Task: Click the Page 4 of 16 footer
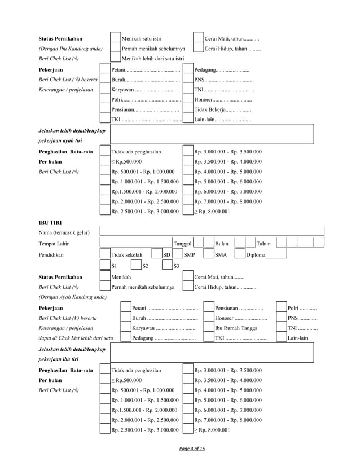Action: click(192, 449)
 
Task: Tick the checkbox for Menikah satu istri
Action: click(115, 38)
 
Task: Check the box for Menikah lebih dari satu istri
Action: click(115, 59)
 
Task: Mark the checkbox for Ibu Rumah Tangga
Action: click(208, 327)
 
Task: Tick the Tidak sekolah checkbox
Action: click(105, 254)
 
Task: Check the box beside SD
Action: click(156, 254)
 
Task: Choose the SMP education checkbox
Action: click(178, 254)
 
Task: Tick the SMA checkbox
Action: click(208, 254)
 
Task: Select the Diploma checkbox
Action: click(240, 254)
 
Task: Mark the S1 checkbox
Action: click(105, 266)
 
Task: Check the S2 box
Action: click(135, 266)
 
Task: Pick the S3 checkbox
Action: click(167, 266)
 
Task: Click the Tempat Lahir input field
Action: click(136, 243)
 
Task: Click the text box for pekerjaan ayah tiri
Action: click(212, 135)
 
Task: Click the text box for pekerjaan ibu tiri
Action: click(212, 354)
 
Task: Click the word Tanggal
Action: click(183, 244)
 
